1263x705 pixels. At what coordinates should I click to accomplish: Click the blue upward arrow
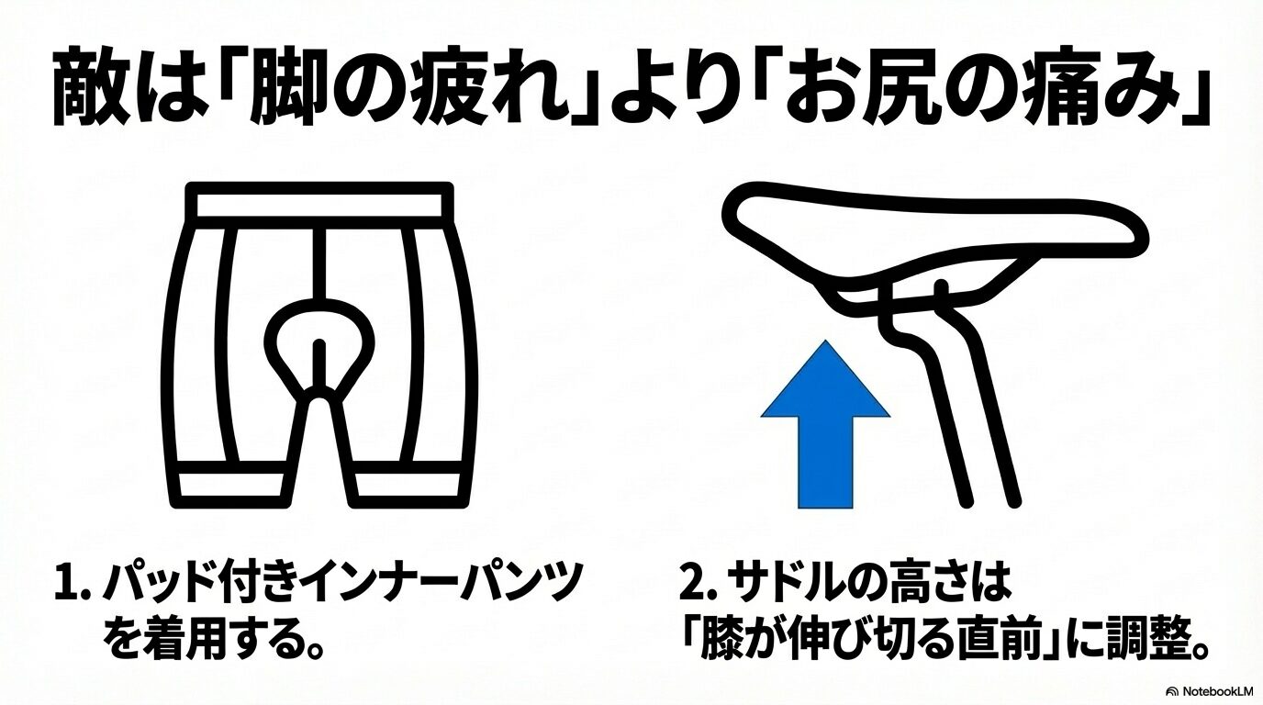825,431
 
